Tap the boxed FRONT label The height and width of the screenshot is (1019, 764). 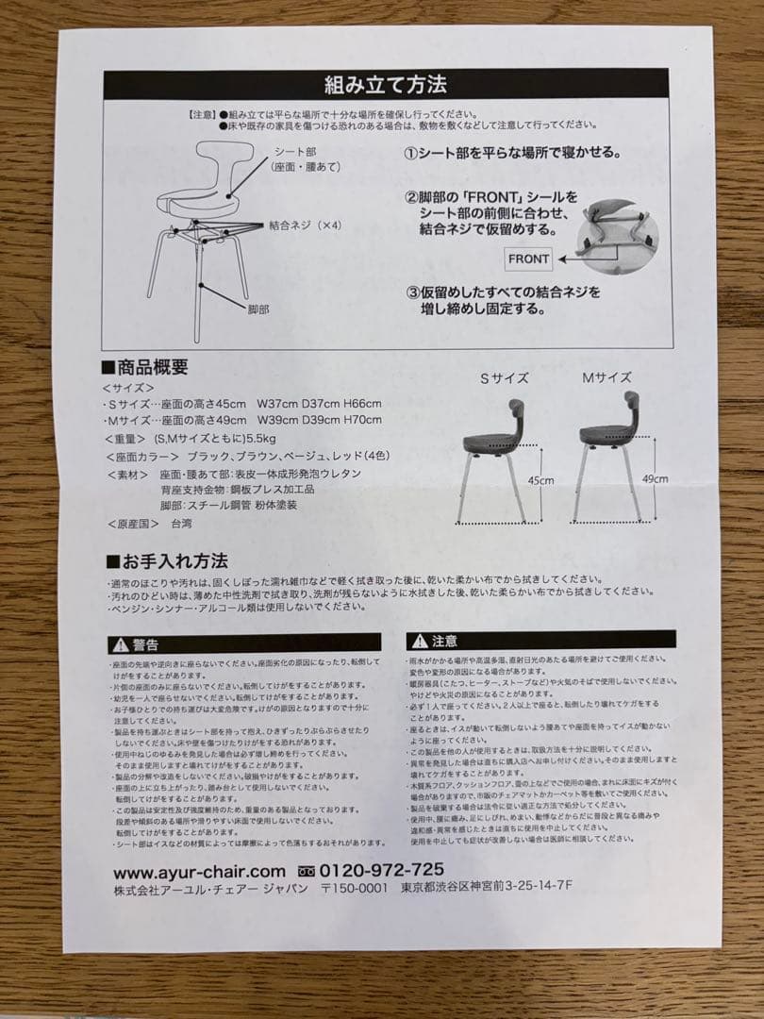(x=529, y=258)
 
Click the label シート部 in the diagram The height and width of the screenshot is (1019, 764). (x=295, y=151)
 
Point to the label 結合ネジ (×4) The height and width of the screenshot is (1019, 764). (x=304, y=226)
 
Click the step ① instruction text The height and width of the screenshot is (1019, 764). (x=511, y=153)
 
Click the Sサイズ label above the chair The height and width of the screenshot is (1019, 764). (x=505, y=378)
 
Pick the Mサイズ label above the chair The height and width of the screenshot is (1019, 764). (x=606, y=377)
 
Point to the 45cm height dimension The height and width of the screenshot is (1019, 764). (x=540, y=480)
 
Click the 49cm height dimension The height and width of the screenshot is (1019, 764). (x=655, y=478)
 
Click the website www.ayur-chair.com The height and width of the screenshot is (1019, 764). (x=199, y=871)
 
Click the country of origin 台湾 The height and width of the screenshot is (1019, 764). (x=180, y=522)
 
